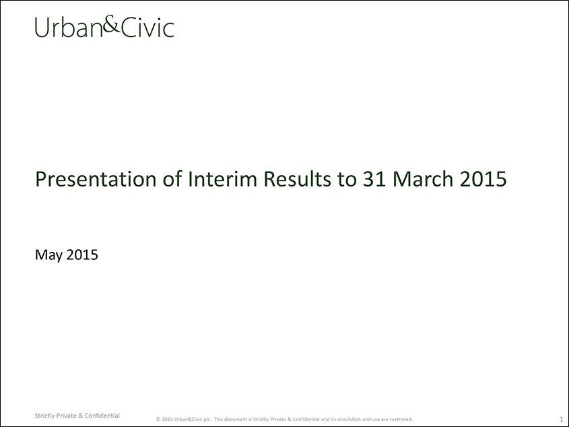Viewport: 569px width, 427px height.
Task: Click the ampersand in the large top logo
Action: (111, 26)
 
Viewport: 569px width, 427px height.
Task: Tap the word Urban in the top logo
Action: (69, 28)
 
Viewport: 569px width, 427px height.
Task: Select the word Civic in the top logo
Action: (147, 28)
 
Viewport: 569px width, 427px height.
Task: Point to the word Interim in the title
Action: (222, 178)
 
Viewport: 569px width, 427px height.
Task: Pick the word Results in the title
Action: (298, 178)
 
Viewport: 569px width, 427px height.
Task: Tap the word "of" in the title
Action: (172, 178)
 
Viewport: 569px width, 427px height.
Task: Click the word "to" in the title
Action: (347, 179)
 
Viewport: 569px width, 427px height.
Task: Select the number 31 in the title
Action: (374, 179)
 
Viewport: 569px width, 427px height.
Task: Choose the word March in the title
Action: (423, 178)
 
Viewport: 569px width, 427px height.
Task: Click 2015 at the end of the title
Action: (483, 179)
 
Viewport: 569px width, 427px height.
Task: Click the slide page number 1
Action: (561, 419)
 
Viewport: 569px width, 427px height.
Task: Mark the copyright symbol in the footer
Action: (158, 419)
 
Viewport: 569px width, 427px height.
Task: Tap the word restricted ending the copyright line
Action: (401, 419)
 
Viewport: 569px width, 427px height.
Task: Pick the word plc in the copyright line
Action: (207, 420)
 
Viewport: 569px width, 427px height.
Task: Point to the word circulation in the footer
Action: (348, 419)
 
